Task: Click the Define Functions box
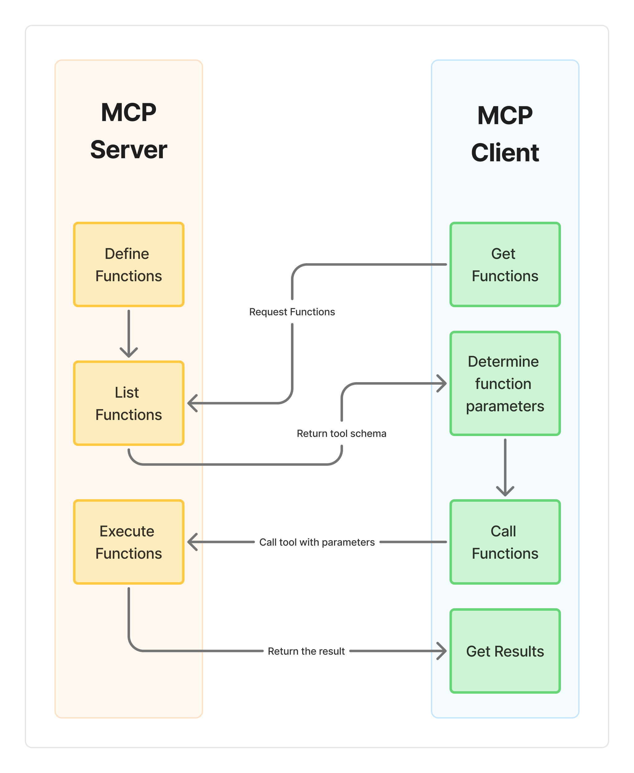point(128,264)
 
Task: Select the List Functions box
point(128,403)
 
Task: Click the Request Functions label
point(292,312)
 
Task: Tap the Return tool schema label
point(341,433)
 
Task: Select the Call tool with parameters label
point(317,542)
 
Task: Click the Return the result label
point(306,651)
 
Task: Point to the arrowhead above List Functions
point(128,353)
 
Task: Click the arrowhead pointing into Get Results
point(443,651)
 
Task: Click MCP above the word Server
point(128,112)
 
